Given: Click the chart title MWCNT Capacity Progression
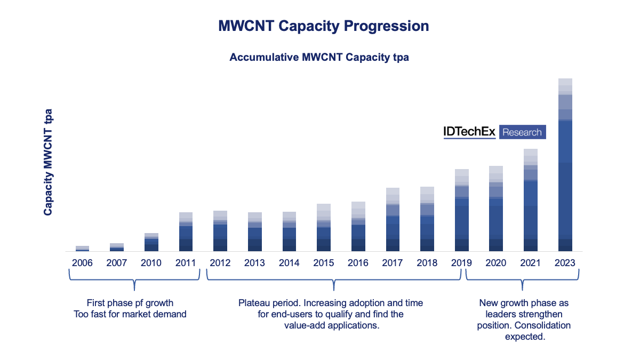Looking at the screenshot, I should pyautogui.click(x=323, y=26).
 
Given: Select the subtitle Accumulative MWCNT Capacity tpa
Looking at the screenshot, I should pyautogui.click(x=319, y=57).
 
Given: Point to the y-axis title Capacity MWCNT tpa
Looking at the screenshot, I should pyautogui.click(x=48, y=162).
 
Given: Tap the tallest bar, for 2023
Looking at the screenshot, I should pyautogui.click(x=565, y=165).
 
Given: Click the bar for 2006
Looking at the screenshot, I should pyautogui.click(x=82, y=248).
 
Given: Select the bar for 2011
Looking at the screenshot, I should pyautogui.click(x=186, y=231).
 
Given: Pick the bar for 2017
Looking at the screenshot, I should pyautogui.click(x=393, y=219).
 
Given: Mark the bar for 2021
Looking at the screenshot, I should pyautogui.click(x=530, y=200).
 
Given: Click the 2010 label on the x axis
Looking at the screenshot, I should pyautogui.click(x=151, y=263).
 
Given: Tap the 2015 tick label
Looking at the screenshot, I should pyautogui.click(x=323, y=263).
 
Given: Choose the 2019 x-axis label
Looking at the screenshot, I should pyautogui.click(x=461, y=263).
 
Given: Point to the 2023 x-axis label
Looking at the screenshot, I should pyautogui.click(x=565, y=263).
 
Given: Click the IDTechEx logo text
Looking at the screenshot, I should pyautogui.click(x=469, y=132).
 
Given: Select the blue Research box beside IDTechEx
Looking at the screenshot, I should pyautogui.click(x=522, y=132).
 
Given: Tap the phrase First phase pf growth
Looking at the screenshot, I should pyautogui.click(x=130, y=303).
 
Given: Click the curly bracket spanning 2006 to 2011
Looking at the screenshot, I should pyautogui.click(x=134, y=279).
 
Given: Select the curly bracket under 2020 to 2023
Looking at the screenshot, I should pyautogui.click(x=523, y=279).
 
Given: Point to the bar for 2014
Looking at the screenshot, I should pyautogui.click(x=289, y=231).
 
